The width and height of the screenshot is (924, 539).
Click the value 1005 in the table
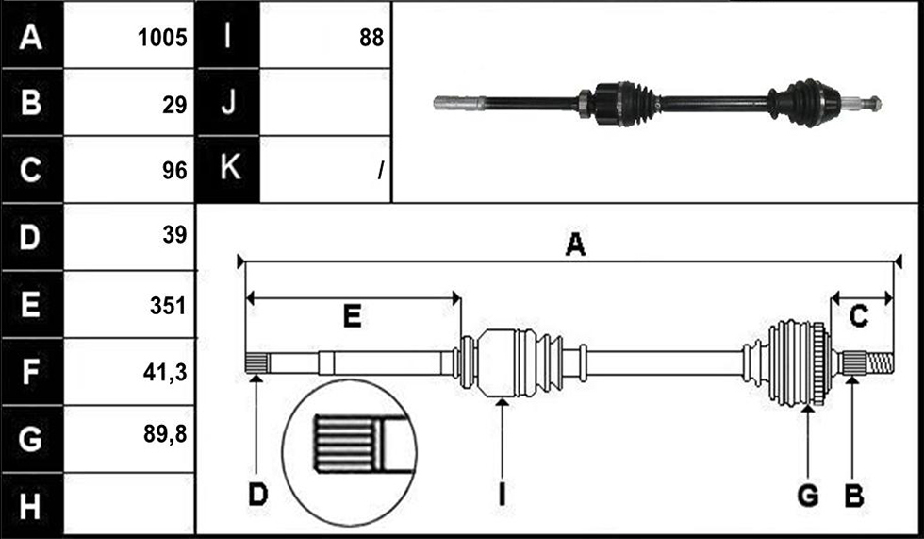(x=162, y=38)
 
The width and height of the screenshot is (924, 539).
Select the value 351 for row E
(x=168, y=306)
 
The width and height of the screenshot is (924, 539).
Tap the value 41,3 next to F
(x=165, y=373)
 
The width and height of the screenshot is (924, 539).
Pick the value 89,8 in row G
(x=165, y=434)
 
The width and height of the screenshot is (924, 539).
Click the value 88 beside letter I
(x=371, y=38)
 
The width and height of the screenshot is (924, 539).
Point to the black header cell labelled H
(x=32, y=505)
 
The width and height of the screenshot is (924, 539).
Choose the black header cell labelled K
(x=228, y=169)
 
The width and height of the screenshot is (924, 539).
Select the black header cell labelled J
(x=228, y=102)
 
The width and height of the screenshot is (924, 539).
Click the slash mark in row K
(x=381, y=171)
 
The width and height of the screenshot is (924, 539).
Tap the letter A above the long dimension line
(x=575, y=244)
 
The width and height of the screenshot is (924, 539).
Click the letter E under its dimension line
(x=353, y=316)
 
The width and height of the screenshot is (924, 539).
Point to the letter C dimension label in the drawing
(x=858, y=316)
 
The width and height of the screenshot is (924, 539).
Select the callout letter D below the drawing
(x=257, y=495)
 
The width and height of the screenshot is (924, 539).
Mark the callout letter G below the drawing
(x=808, y=496)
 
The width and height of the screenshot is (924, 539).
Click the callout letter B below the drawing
(x=854, y=496)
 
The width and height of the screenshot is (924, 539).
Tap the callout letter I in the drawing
(x=502, y=495)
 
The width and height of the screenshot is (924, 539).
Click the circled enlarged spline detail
(x=350, y=452)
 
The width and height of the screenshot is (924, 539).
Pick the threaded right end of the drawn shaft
(x=881, y=362)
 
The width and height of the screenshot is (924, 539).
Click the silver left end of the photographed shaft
(x=459, y=103)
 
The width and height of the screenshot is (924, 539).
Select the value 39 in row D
(x=174, y=235)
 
